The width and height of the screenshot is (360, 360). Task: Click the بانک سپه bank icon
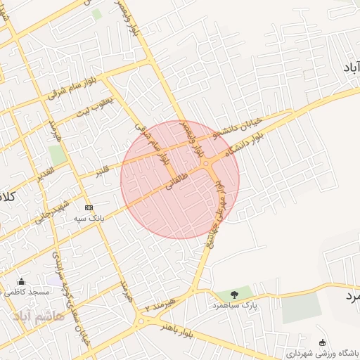pyautogui.click(x=89, y=208)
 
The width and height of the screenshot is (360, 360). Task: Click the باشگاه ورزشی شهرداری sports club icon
pyautogui.click(x=322, y=342)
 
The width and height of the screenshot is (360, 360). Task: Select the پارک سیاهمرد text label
pyautogui.click(x=236, y=307)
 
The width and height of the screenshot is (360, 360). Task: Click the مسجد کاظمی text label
pyautogui.click(x=29, y=291)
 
